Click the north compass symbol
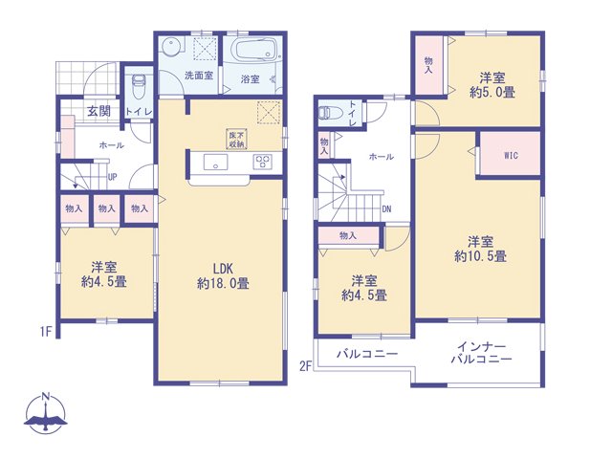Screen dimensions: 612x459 click(x=46, y=414)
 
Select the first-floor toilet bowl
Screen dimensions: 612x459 click(x=138, y=87)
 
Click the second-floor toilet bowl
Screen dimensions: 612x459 click(x=330, y=113)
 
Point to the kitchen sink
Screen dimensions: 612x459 click(x=215, y=162)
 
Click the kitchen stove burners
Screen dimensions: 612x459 click(x=262, y=162)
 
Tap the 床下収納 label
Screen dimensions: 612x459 click(x=236, y=139)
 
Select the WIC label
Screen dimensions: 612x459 click(x=511, y=155)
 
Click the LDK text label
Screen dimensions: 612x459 click(x=223, y=268)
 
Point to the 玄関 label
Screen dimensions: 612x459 click(x=98, y=111)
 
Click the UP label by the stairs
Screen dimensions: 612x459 click(x=112, y=177)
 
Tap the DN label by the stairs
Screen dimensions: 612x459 click(x=386, y=209)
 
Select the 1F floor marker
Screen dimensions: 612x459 click(x=46, y=332)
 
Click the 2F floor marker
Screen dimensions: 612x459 click(x=306, y=366)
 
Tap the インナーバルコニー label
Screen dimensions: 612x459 click(x=482, y=353)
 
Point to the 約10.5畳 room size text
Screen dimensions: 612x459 click(x=480, y=256)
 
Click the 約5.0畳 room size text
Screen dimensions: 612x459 click(x=492, y=92)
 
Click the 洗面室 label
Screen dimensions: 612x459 click(x=199, y=76)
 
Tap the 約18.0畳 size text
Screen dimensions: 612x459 click(x=223, y=283)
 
